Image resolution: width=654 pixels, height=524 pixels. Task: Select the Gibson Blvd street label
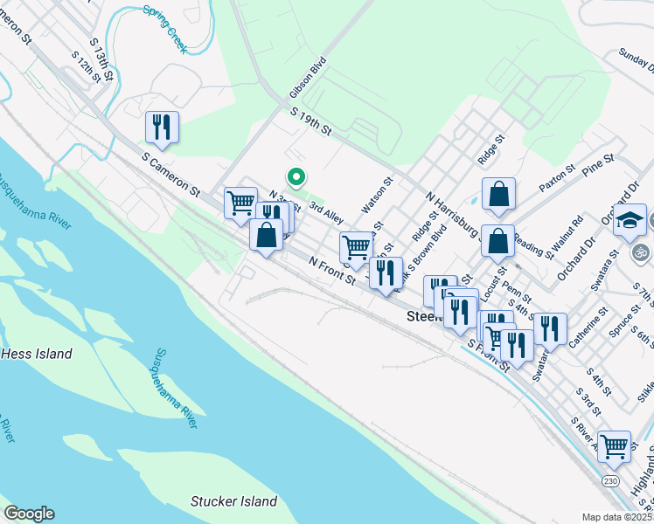(x=307, y=79)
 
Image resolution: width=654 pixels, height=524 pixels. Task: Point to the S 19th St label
(x=312, y=121)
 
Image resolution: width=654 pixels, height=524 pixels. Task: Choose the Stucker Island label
(x=233, y=501)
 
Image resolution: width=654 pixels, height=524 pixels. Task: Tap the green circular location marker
(x=296, y=178)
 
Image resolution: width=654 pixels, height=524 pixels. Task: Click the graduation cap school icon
(x=630, y=222)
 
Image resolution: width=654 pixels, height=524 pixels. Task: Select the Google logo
(x=29, y=513)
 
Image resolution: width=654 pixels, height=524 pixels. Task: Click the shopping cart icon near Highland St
(x=615, y=445)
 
